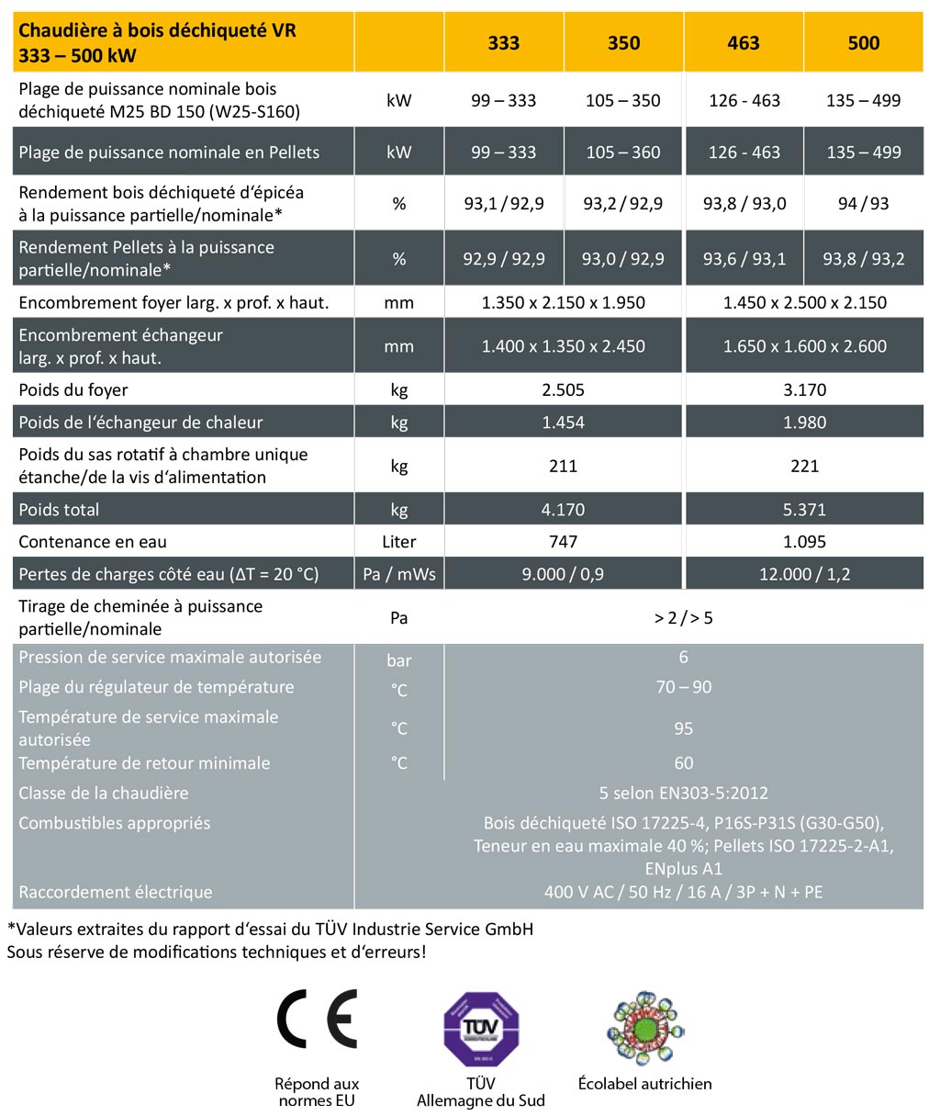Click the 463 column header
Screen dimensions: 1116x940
point(744,43)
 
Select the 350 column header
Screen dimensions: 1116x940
point(623,43)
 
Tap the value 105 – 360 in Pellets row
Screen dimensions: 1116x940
point(623,152)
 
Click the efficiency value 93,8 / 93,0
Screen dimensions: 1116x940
point(744,204)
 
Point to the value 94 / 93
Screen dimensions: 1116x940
point(864,204)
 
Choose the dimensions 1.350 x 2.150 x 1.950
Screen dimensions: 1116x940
point(564,302)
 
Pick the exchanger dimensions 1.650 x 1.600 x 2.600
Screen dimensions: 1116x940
point(805,346)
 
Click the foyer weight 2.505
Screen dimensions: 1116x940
point(564,389)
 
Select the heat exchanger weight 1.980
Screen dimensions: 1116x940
point(805,423)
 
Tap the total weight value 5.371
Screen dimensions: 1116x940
point(805,510)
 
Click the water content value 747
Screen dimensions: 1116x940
point(564,542)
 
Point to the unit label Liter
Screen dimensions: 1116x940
point(399,542)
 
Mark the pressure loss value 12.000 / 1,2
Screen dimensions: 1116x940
point(805,574)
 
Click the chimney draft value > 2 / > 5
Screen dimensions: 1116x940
point(684,618)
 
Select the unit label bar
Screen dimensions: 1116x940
point(399,660)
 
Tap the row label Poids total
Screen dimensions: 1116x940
point(60,510)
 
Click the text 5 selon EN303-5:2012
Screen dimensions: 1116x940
point(684,793)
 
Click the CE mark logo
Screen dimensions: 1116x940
point(317,1020)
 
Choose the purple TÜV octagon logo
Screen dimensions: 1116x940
point(481,1029)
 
